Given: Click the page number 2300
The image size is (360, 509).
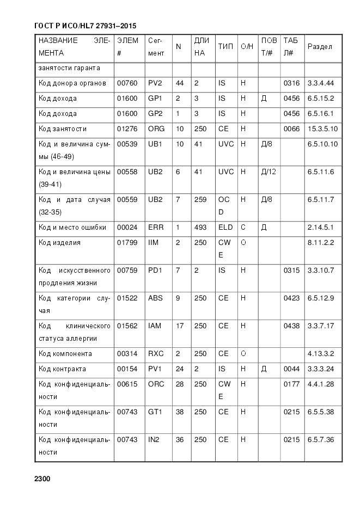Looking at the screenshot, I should (42, 479).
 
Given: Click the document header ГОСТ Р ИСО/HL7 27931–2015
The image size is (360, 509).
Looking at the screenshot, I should (85, 26).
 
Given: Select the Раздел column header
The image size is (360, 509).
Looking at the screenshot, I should (320, 47).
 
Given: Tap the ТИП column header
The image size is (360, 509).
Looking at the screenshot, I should (225, 47).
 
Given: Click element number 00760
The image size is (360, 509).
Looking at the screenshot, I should (127, 83).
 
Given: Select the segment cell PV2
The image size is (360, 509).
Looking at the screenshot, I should (155, 83).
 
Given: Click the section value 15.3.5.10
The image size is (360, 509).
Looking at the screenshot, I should (322, 129).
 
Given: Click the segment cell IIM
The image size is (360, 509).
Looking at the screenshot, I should (153, 243).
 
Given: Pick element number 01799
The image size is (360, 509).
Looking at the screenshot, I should (127, 243).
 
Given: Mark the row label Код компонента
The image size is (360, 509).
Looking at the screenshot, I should (65, 354).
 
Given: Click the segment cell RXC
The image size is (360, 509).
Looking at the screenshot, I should (156, 354).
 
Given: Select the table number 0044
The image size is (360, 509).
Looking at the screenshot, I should (291, 369).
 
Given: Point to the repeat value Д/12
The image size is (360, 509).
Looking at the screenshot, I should (269, 172).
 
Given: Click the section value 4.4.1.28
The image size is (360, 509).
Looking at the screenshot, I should (321, 384).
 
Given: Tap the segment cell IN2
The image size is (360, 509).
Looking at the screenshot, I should (154, 440).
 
